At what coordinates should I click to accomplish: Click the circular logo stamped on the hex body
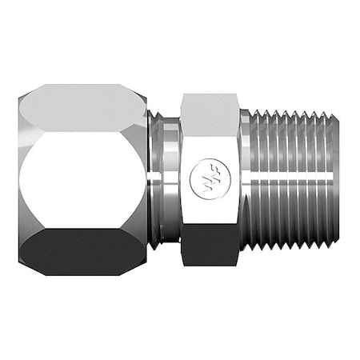pos(210,182)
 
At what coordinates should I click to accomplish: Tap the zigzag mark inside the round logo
pos(210,182)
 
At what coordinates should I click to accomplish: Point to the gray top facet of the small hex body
pos(210,108)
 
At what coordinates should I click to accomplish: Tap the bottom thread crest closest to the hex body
pos(255,244)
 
